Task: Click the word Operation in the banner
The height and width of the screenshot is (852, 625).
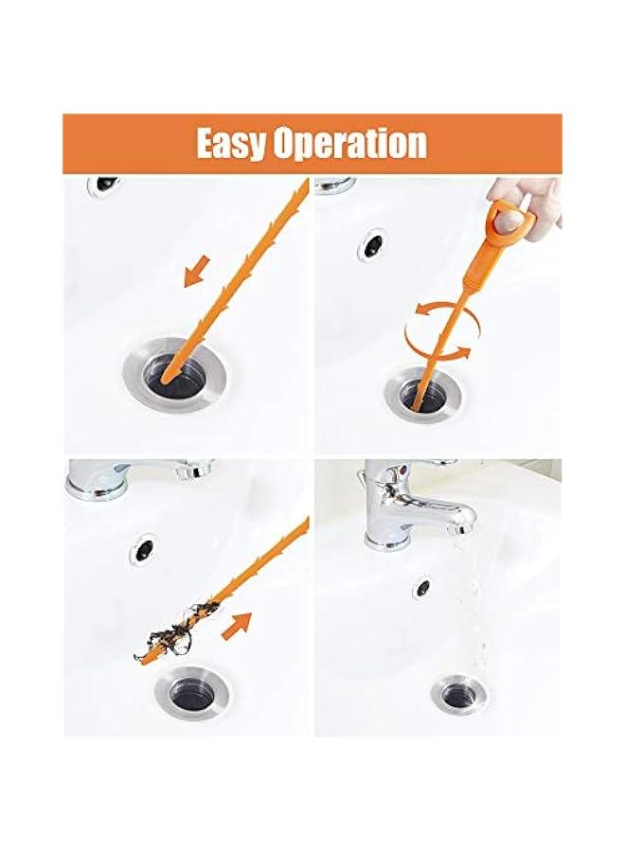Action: click(x=349, y=144)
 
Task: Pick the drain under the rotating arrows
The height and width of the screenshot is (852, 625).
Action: click(x=424, y=391)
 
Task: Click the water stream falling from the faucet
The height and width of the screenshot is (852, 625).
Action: click(x=453, y=606)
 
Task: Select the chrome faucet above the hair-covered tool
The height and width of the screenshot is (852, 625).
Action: click(x=137, y=479)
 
